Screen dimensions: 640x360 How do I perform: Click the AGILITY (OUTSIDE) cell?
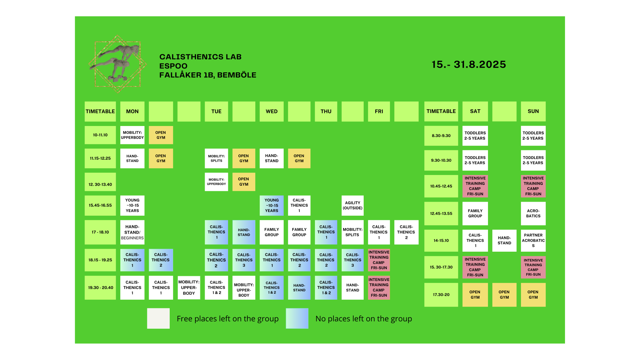[352, 205]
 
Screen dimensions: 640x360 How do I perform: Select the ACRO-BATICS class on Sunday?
[533, 213]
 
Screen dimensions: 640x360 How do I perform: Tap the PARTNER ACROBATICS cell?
[533, 240]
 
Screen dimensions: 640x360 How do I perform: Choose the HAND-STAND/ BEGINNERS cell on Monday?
[132, 232]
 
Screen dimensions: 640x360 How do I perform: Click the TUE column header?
[216, 111]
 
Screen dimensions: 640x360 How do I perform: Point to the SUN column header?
[533, 111]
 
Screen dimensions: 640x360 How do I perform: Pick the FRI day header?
[379, 111]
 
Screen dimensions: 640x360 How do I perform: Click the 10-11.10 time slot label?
[100, 135]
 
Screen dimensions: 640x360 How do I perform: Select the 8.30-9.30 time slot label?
[441, 136]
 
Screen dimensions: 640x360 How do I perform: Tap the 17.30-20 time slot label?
[441, 295]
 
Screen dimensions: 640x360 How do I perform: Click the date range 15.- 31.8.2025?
[469, 64]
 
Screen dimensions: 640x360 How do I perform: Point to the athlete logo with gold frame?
[117, 64]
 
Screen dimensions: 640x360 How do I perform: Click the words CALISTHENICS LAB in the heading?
[200, 57]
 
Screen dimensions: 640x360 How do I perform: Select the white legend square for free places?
[158, 318]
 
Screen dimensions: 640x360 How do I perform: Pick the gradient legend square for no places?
[297, 318]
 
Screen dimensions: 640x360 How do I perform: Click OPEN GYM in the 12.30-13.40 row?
[244, 182]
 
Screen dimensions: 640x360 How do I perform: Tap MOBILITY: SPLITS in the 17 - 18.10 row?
[352, 232]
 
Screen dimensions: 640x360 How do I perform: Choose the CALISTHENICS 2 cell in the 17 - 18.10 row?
[406, 232]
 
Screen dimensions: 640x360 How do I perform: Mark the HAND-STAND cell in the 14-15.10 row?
[504, 240]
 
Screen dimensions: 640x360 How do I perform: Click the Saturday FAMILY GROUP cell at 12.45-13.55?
[475, 213]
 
